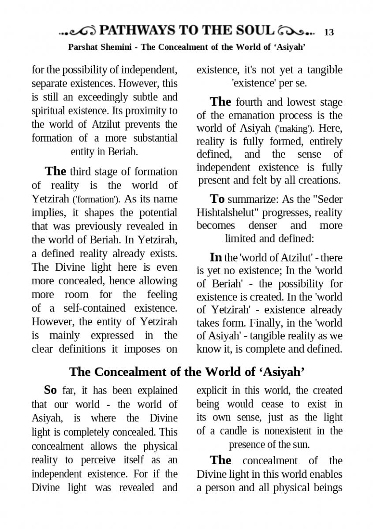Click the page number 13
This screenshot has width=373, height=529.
329,32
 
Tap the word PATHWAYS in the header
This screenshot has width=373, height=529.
137,30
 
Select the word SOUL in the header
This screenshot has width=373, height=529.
253,30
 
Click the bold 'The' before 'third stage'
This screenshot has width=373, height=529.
56,171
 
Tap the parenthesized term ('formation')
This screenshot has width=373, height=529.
96,199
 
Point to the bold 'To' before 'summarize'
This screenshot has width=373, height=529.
217,199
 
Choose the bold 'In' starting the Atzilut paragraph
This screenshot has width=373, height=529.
216,257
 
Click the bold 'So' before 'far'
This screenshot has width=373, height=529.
50,390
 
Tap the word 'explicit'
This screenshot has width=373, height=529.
211,390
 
